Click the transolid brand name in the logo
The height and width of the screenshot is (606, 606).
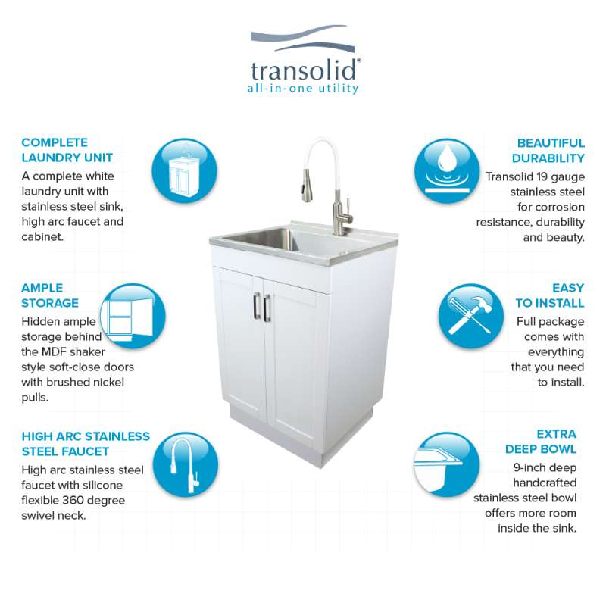coord(304,70)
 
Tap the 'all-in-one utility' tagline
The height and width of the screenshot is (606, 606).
coord(303,88)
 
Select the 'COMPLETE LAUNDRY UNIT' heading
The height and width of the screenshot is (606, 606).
coord(67,150)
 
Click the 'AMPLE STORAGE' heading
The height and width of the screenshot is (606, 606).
coord(50,295)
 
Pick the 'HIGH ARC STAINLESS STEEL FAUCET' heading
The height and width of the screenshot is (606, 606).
coord(86,444)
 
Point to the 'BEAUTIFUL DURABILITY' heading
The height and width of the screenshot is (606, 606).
coord(548,150)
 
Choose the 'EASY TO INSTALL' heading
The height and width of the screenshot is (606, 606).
coord(550,295)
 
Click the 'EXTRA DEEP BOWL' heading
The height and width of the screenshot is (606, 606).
coord(541,442)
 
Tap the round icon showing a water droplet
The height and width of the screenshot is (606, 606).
coord(447,171)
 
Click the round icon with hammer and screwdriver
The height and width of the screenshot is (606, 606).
coord(471,316)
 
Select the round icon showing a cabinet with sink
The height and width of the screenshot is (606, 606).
coord(184,171)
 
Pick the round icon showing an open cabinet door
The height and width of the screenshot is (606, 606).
coord(133,316)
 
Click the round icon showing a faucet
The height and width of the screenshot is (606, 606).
coord(186,465)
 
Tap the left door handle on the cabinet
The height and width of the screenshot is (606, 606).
coord(257,306)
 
